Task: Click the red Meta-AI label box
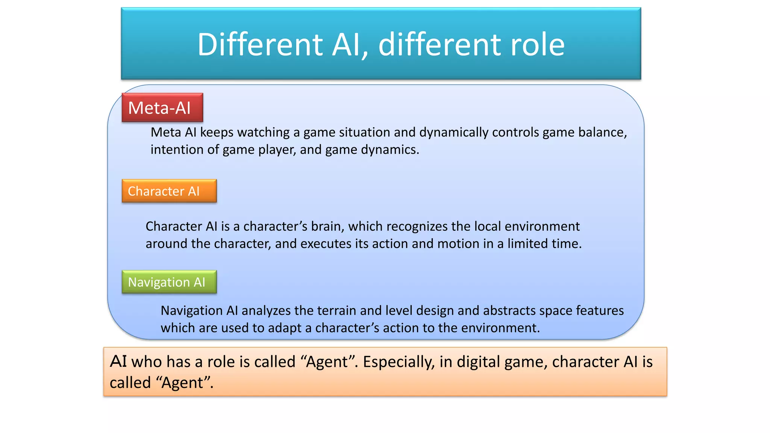[162, 108]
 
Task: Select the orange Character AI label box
[169, 191]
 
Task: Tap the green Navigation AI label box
[169, 282]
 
